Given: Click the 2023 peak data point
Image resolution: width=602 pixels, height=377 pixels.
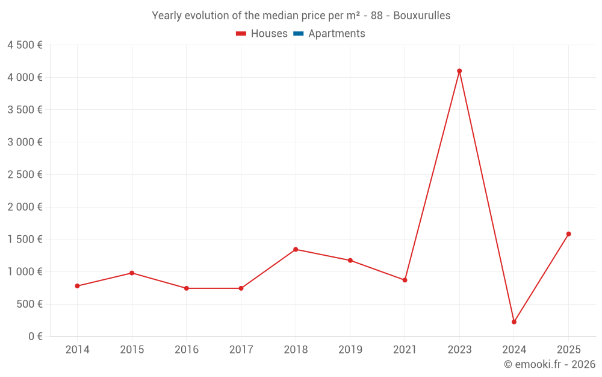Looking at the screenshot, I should pyautogui.click(x=459, y=71).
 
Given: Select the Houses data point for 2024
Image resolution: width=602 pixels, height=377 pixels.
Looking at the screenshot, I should pyautogui.click(x=514, y=322).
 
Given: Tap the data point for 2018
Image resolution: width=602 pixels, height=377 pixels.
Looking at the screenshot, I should pyautogui.click(x=296, y=250).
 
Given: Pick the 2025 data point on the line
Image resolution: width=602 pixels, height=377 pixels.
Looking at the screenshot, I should pyautogui.click(x=568, y=234).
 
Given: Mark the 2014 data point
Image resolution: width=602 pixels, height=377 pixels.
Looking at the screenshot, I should pyautogui.click(x=77, y=286).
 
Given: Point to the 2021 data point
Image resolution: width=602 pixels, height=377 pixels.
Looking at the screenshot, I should pyautogui.click(x=405, y=280).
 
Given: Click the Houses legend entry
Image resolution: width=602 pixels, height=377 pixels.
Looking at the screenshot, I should pyautogui.click(x=262, y=34).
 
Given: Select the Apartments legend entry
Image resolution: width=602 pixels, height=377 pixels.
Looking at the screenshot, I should pyautogui.click(x=329, y=34).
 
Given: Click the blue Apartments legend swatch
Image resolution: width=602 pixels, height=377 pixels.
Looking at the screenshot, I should pyautogui.click(x=298, y=34).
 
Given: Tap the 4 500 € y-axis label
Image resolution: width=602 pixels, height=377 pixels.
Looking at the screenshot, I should pyautogui.click(x=25, y=45).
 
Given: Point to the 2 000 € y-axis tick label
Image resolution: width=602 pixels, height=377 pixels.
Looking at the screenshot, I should pyautogui.click(x=25, y=207).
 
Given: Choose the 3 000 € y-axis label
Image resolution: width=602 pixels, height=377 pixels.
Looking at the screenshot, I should pyautogui.click(x=25, y=142).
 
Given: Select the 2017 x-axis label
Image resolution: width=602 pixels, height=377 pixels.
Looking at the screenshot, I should pyautogui.click(x=241, y=350).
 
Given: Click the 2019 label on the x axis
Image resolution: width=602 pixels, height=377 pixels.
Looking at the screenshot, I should pyautogui.click(x=350, y=350).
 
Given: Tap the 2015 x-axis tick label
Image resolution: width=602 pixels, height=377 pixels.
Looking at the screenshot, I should pyautogui.click(x=132, y=350).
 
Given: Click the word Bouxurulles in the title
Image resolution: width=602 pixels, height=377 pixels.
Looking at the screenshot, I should pyautogui.click(x=421, y=16).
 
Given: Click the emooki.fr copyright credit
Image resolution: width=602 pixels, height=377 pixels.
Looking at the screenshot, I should pyautogui.click(x=550, y=364).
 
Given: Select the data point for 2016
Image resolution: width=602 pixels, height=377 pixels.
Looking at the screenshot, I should pyautogui.click(x=187, y=288).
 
